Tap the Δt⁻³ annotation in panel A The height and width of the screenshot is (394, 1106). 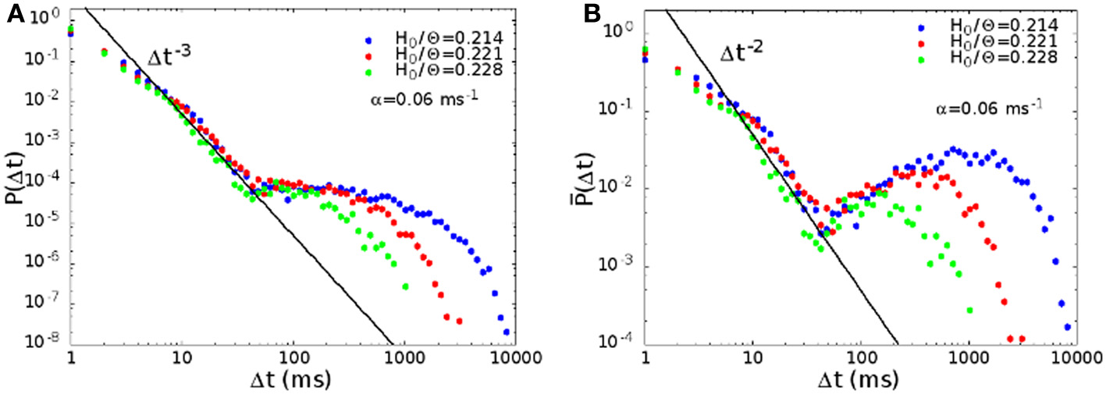[x=169, y=59]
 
